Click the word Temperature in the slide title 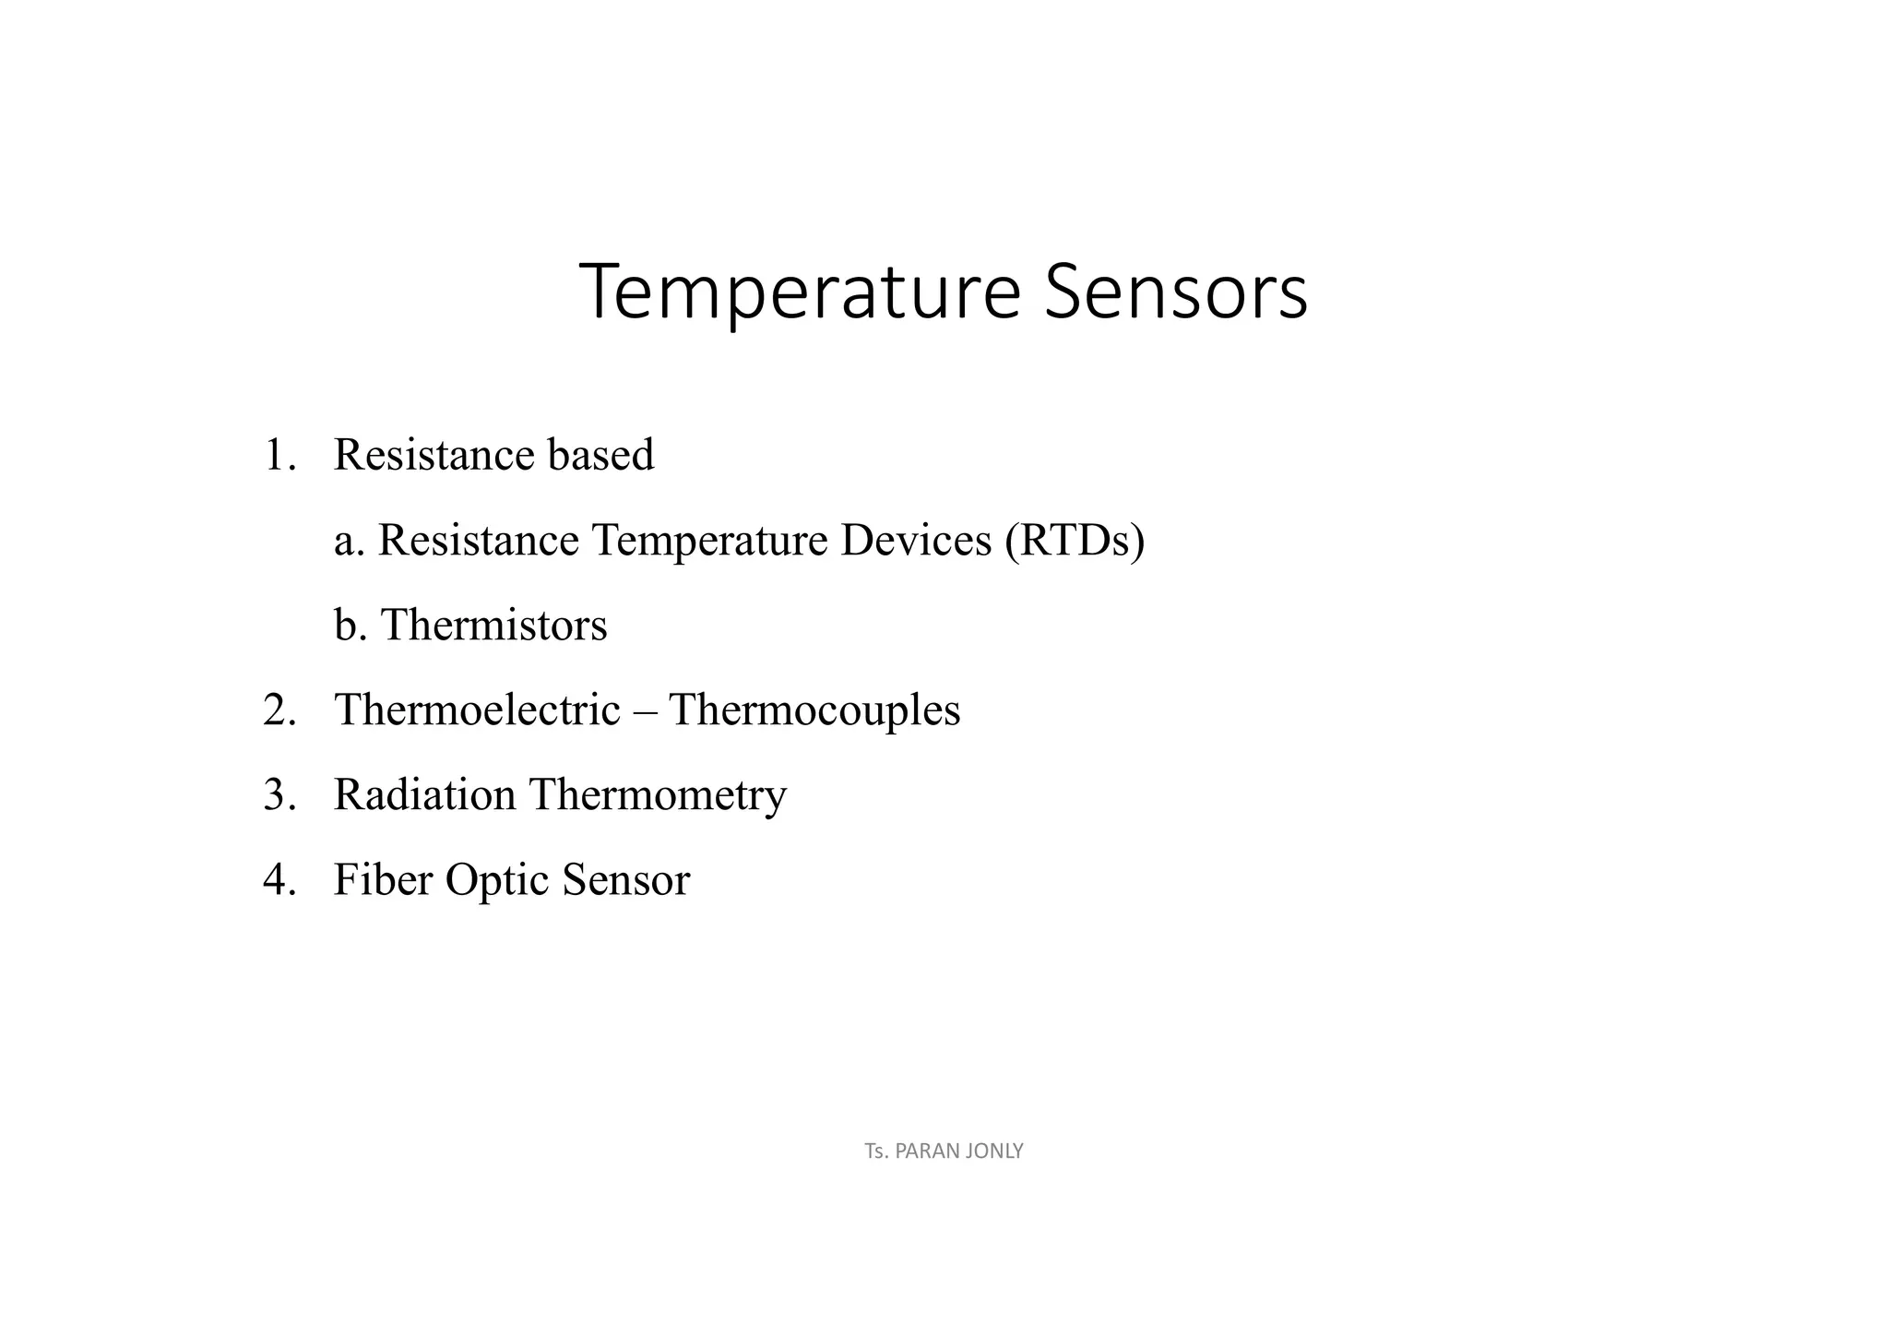pyautogui.click(x=799, y=292)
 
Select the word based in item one pyautogui.click(x=600, y=455)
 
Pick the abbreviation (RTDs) pyautogui.click(x=1074, y=541)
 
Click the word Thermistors pyautogui.click(x=493, y=625)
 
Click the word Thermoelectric pyautogui.click(x=477, y=710)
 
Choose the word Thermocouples pyautogui.click(x=814, y=710)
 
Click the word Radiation pyautogui.click(x=424, y=795)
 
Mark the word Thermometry pyautogui.click(x=658, y=795)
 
